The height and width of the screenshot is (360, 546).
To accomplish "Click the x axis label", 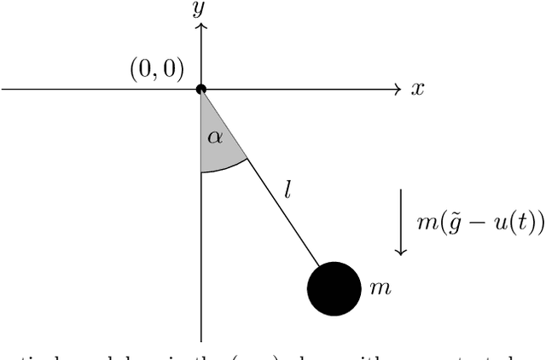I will pos(417,89).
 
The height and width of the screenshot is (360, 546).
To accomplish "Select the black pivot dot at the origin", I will pos(201,89).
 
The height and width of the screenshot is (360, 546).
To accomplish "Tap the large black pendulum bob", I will pos(334,288).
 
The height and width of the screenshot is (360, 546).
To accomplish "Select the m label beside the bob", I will pos(380,288).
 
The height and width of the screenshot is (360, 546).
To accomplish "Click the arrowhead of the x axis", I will pos(397,89).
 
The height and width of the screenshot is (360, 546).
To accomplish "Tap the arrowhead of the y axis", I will pos(201,28).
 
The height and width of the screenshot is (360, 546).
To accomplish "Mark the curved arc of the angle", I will pos(226,168).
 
